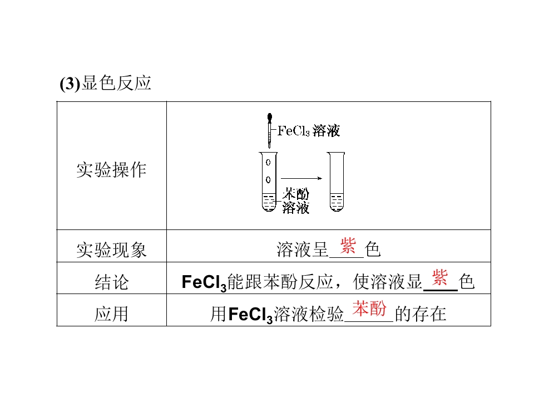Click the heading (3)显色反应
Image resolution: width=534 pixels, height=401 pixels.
[x=105, y=83]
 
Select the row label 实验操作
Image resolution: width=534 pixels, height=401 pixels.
[x=111, y=169]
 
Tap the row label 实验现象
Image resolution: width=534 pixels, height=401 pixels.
[x=111, y=250]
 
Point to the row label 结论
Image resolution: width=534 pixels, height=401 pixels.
[x=112, y=282]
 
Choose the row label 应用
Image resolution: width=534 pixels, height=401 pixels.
[x=111, y=314]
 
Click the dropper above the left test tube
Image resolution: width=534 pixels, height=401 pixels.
[x=270, y=130]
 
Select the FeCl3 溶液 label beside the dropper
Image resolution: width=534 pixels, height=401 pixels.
[x=309, y=130]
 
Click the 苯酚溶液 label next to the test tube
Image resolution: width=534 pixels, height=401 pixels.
[x=295, y=201]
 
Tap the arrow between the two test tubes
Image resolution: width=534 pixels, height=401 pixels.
[x=301, y=178]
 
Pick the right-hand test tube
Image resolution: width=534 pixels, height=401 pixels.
[x=336, y=182]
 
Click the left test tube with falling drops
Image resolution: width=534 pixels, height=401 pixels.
[x=269, y=182]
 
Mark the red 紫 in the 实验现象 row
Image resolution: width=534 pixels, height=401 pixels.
[x=348, y=246]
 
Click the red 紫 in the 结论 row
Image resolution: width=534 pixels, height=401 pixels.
[x=439, y=277]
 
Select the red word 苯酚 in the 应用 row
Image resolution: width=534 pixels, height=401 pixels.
[x=369, y=308]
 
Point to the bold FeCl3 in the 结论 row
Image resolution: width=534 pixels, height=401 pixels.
[x=204, y=283]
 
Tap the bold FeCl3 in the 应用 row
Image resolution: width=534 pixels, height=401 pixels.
[x=251, y=314]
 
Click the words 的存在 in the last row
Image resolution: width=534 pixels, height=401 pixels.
[x=421, y=314]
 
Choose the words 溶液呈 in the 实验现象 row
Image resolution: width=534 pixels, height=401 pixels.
[x=302, y=250]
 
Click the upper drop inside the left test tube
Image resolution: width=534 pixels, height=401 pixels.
[x=268, y=162]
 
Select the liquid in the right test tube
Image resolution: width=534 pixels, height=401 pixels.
[x=337, y=202]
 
